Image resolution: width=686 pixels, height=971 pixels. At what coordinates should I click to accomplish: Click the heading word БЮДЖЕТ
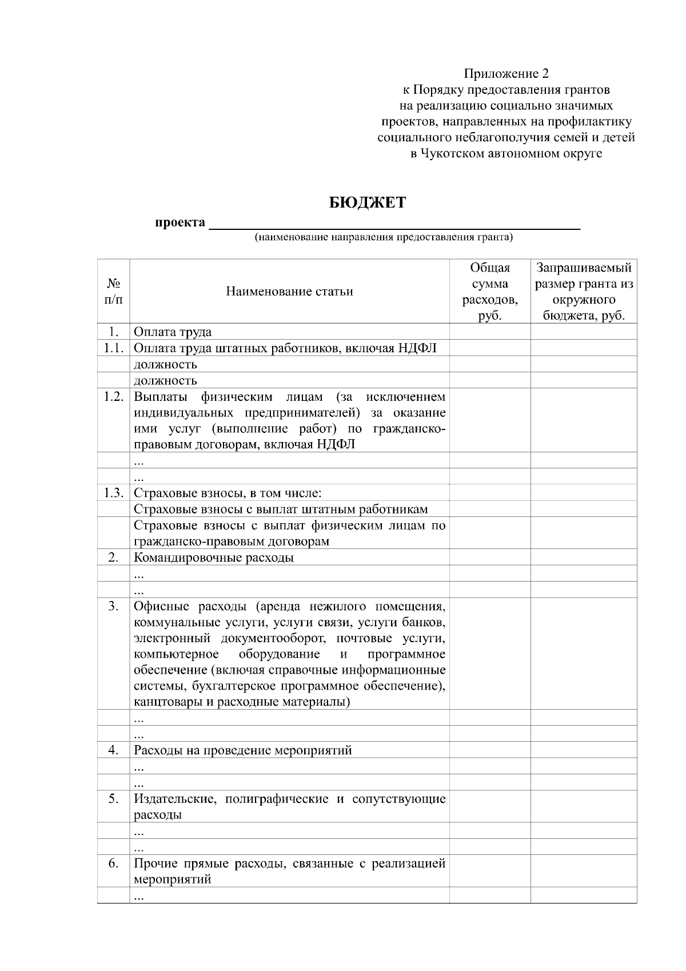367,202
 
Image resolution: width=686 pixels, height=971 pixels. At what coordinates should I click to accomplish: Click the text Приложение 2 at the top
506,73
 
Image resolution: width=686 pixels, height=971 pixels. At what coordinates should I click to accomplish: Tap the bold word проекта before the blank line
180,222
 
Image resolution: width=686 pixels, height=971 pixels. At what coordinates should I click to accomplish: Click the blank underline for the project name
394,225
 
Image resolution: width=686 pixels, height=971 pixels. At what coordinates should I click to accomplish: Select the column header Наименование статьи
289,291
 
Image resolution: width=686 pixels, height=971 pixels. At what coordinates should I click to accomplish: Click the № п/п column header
113,291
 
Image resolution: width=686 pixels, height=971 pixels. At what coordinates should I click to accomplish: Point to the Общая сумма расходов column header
490,291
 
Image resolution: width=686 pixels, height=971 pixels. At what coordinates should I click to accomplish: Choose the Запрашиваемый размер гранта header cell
584,291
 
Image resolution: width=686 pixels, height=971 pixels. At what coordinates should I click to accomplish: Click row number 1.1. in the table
113,348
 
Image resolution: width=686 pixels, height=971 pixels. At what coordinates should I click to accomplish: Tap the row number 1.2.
113,396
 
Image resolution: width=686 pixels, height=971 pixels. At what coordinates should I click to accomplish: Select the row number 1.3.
113,492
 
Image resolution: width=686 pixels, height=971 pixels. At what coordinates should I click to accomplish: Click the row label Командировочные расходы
214,557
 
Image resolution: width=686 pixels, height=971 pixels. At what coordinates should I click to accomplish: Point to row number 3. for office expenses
113,606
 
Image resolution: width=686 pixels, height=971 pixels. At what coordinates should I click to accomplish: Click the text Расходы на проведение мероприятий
242,750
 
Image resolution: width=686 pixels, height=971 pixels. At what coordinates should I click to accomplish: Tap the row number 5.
113,798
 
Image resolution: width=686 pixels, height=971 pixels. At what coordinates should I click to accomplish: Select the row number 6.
113,863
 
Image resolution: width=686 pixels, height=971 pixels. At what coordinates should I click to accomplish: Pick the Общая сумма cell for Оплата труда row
490,332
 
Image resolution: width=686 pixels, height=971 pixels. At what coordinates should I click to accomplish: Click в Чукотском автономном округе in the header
506,153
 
